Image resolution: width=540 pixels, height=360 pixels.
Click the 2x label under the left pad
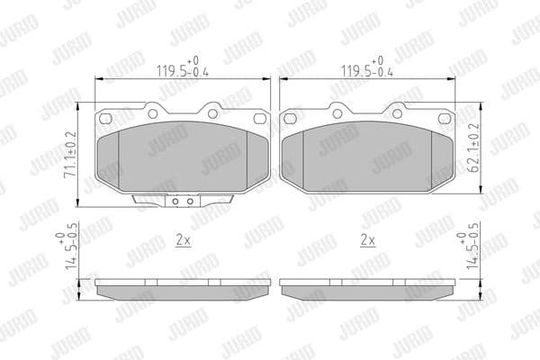point(182,240)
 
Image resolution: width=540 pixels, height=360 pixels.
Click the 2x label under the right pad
point(367,240)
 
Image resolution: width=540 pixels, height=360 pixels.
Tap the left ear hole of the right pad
point(291,120)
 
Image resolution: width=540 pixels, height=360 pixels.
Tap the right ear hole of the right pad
point(445,120)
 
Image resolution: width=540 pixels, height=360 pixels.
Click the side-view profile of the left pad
point(183,287)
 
